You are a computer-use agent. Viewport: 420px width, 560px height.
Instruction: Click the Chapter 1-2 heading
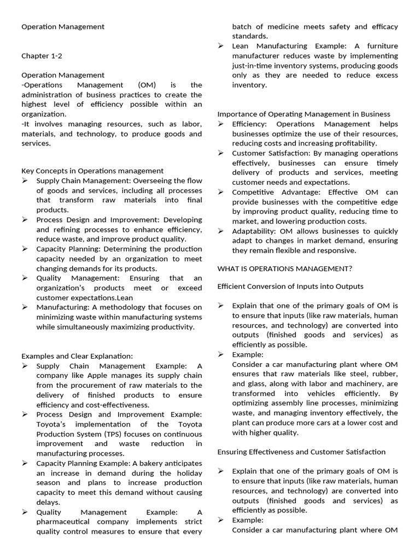coord(38,56)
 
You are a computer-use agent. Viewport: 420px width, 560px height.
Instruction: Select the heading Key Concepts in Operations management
coord(92,171)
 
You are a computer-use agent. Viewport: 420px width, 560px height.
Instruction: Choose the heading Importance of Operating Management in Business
coord(304,114)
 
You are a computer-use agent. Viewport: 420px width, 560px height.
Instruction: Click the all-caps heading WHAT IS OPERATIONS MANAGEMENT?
coord(284,269)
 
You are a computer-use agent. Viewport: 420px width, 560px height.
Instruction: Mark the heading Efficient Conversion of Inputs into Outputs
coord(290,287)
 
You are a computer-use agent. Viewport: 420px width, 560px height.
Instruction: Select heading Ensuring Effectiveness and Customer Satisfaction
coord(301,452)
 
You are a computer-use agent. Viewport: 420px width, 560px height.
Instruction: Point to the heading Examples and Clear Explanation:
coord(77,356)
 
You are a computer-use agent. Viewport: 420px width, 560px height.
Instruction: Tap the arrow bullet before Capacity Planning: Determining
coord(25,249)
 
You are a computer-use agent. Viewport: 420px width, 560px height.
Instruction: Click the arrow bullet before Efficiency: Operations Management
coord(220,124)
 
